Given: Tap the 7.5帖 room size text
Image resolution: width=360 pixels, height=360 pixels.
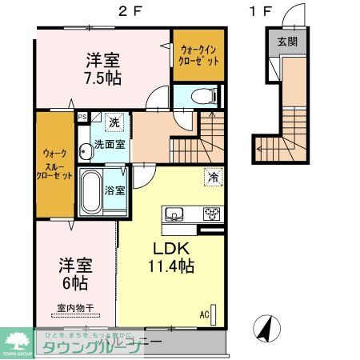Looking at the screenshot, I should [105, 77].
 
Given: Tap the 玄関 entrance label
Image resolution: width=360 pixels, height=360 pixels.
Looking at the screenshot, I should [286, 43].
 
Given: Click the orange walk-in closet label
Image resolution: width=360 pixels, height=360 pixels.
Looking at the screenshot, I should [196, 55].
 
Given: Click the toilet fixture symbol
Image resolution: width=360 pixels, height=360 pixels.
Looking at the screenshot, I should [199, 95].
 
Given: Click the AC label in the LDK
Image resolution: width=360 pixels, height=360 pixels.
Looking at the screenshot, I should [204, 314].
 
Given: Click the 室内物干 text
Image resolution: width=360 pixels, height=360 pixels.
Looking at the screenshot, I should [74, 307].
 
